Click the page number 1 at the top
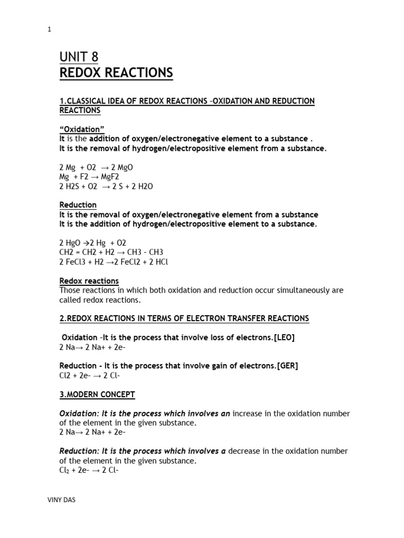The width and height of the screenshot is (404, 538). pos(49,30)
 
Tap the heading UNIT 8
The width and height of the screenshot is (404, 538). pos(79,57)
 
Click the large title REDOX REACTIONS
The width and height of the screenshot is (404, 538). pos(116,73)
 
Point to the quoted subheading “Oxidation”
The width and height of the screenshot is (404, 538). pos(79,129)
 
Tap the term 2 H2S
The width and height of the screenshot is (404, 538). pos(70,186)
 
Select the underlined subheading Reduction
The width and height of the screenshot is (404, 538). pos(78,205)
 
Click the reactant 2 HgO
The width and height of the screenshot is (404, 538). pos(71,243)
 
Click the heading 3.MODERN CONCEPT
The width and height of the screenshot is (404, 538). pos(97,394)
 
